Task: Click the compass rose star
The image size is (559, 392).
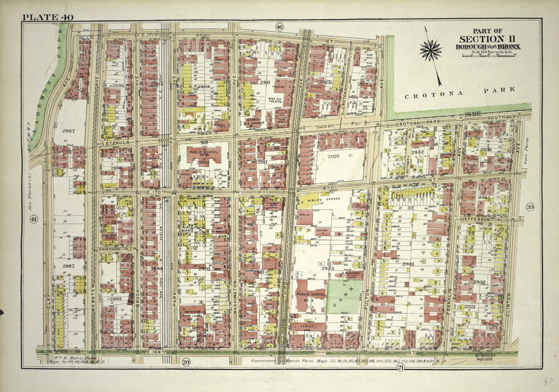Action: tap(431, 50)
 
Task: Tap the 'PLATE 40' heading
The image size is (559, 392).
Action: tap(48, 17)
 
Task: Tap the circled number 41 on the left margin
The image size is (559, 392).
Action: tap(33, 219)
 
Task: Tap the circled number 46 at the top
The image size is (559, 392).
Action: tap(279, 27)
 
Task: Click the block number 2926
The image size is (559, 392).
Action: tap(333, 156)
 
